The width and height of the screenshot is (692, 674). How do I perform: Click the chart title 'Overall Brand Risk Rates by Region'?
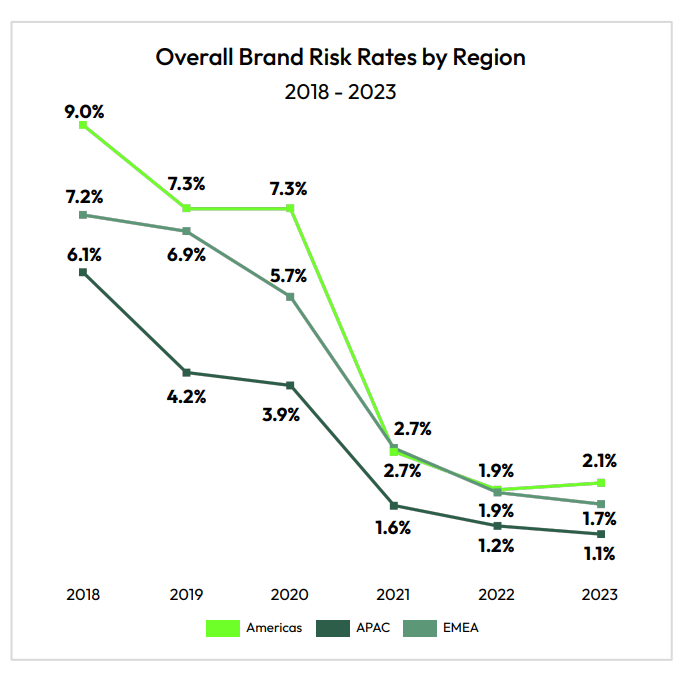[340, 57]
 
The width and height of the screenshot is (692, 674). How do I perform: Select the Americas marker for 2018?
[84, 125]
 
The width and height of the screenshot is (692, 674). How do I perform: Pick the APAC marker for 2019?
[187, 373]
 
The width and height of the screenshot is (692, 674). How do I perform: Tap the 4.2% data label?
[187, 396]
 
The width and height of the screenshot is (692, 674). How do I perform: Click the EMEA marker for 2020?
[291, 296]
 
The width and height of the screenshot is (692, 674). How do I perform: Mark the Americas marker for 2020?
[291, 208]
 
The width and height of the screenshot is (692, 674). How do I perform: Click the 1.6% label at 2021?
[393, 528]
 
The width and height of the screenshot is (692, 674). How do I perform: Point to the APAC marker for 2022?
[497, 526]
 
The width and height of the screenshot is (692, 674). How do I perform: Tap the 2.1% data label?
[599, 461]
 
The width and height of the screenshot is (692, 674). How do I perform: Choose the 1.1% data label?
[599, 554]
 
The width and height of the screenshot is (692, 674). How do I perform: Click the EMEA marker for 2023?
[601, 504]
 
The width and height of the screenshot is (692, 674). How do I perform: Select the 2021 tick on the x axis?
[394, 594]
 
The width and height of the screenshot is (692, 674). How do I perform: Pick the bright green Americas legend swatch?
[223, 628]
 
